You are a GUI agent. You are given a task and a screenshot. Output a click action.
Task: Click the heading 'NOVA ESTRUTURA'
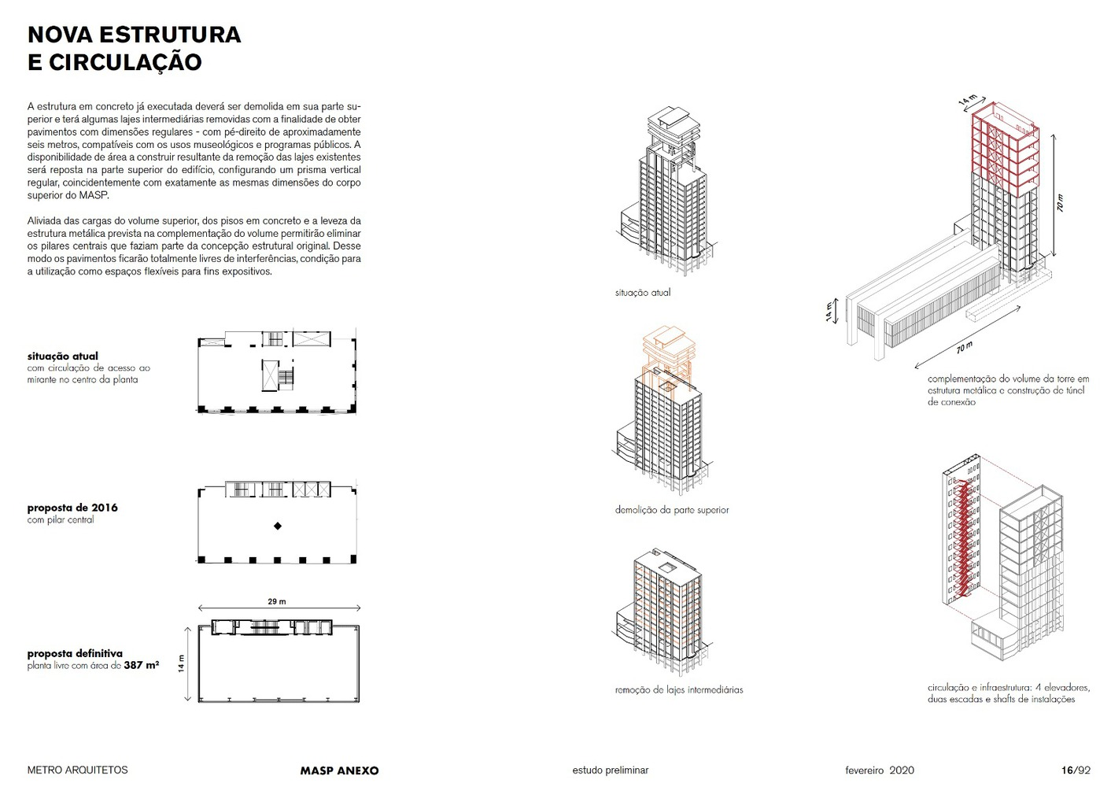click(x=134, y=35)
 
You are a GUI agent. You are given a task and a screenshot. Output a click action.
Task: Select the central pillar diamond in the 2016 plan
click(x=277, y=526)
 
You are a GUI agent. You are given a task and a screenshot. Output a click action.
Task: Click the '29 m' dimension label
click(x=277, y=601)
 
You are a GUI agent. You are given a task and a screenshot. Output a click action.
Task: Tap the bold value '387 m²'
click(x=142, y=665)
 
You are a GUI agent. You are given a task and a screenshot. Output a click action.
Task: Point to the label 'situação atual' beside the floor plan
click(x=63, y=356)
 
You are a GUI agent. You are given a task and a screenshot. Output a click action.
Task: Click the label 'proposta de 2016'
click(x=72, y=508)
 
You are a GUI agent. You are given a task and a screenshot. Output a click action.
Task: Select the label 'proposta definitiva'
click(x=75, y=653)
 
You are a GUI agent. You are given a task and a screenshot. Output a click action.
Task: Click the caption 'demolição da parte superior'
click(x=671, y=510)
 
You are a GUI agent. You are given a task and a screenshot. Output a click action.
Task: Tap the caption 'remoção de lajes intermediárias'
click(x=678, y=689)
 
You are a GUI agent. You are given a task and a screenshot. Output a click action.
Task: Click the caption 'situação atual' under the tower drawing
click(x=642, y=292)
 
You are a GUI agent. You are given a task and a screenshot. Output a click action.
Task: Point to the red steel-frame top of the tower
click(x=1003, y=150)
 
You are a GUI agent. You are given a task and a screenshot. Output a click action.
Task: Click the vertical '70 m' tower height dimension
click(x=1060, y=203)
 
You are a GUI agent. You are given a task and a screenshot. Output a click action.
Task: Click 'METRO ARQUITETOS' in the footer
click(x=77, y=770)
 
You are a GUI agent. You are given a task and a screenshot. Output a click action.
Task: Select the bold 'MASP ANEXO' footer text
click(x=339, y=770)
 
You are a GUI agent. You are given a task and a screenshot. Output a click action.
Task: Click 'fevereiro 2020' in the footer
click(x=879, y=770)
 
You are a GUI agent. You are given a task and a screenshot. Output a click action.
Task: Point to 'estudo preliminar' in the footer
click(x=610, y=770)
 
